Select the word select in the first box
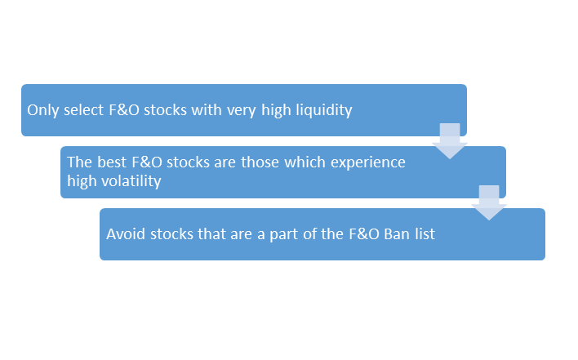point(83,110)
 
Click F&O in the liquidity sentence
point(124,110)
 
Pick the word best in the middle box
point(112,162)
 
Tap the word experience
point(368,163)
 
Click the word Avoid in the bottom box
point(126,234)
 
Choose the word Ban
point(397,234)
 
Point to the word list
point(425,234)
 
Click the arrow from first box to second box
point(450,141)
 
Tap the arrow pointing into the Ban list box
point(489,202)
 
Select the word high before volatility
point(82,181)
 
